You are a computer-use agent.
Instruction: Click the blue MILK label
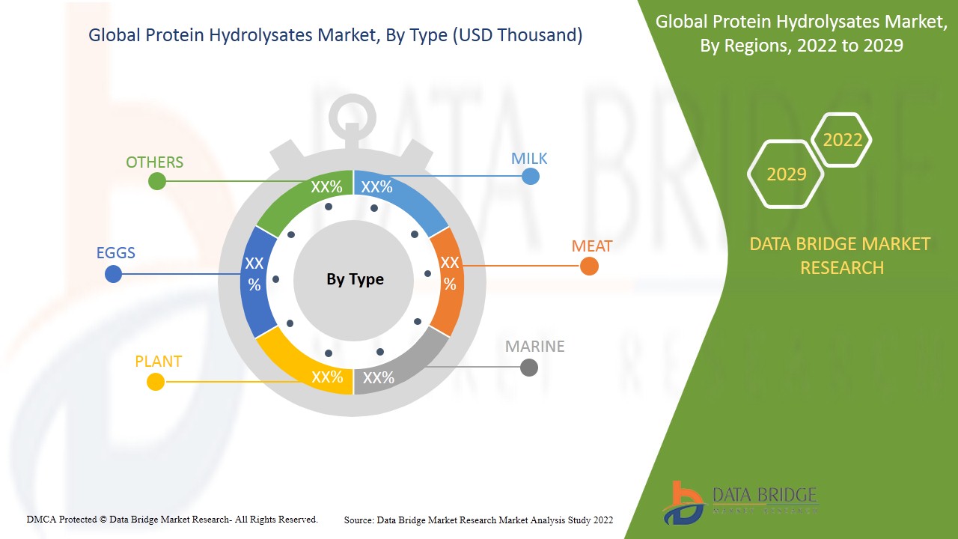tap(529, 159)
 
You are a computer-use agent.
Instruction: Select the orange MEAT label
tap(591, 246)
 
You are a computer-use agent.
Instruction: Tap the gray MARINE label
tap(534, 347)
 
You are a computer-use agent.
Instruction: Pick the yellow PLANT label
tap(158, 362)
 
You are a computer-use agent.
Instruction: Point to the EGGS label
tap(116, 252)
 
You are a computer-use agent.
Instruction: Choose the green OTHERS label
tap(154, 162)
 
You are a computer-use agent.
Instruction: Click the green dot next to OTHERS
tap(156, 181)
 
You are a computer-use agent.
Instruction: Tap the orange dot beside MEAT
tap(589, 266)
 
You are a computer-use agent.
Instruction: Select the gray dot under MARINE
tap(528, 368)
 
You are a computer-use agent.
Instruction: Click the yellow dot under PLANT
tap(155, 382)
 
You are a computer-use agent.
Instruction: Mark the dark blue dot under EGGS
tap(113, 274)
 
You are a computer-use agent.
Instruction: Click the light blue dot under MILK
tap(530, 177)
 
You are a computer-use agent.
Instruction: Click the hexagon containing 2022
tap(842, 140)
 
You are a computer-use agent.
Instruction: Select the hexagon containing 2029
tap(786, 174)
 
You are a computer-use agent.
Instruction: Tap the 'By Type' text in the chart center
tap(355, 279)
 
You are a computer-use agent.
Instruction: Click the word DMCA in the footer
tap(41, 519)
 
